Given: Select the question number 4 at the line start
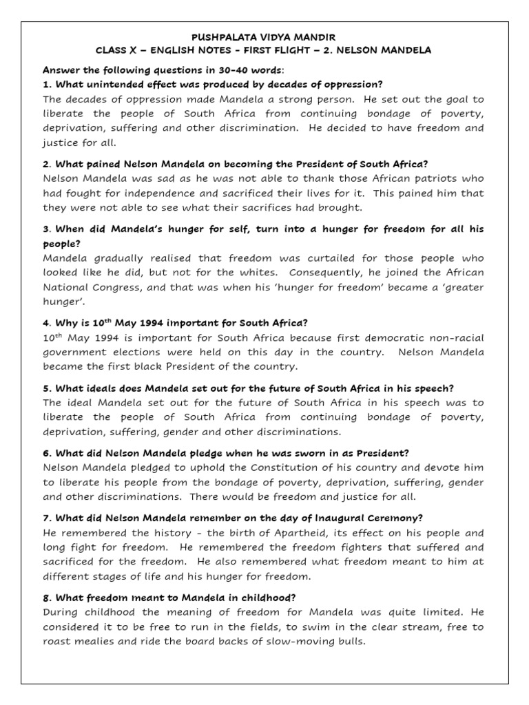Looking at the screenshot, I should tap(45, 323).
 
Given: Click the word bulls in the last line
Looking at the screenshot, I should tap(349, 641).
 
